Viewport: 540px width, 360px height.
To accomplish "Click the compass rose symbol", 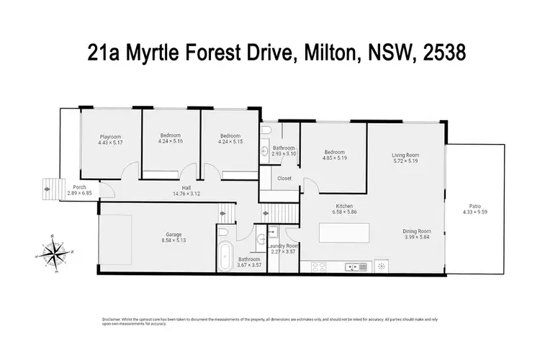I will tap(54, 251).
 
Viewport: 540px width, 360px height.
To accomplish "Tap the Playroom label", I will tap(110, 136).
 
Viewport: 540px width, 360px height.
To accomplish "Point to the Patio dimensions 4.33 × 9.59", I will tap(474, 212).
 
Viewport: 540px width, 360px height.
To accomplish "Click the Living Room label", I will tap(405, 155).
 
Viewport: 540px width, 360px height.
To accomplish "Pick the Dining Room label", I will tap(417, 231).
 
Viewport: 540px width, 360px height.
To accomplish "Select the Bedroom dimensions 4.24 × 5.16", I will tap(170, 142).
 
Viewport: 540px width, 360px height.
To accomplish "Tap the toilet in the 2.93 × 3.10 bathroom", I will tap(267, 130).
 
